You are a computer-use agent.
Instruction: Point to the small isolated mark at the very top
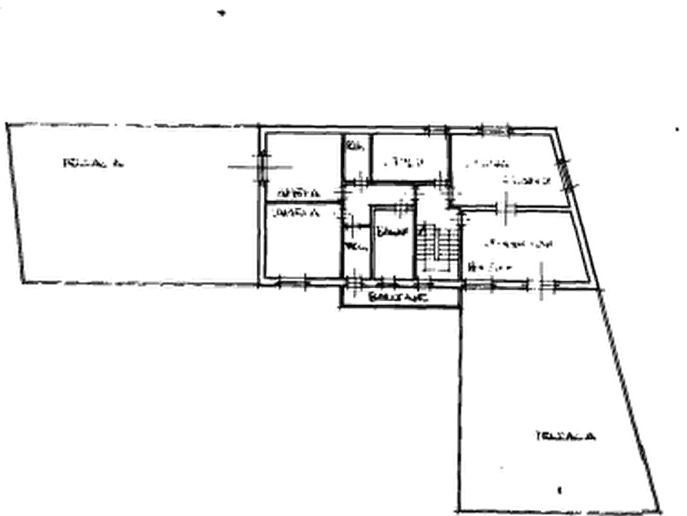(x=222, y=14)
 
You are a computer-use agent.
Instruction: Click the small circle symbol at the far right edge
(x=676, y=129)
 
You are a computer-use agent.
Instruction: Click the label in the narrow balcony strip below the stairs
(x=395, y=294)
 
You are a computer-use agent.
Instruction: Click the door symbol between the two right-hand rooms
(x=508, y=208)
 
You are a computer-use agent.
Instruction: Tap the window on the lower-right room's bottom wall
(x=536, y=286)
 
